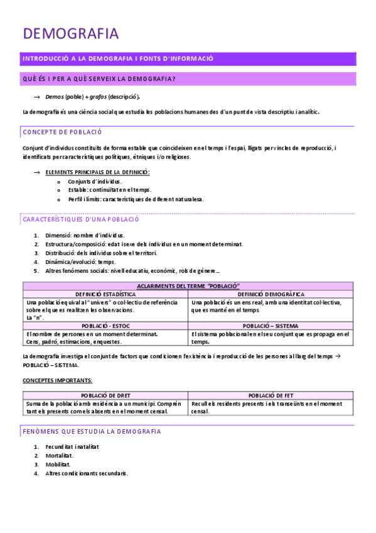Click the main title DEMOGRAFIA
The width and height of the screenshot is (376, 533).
(x=70, y=33)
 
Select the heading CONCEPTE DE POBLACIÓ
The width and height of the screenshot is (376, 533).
(x=62, y=132)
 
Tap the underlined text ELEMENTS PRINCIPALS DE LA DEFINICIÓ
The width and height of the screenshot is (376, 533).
(x=98, y=172)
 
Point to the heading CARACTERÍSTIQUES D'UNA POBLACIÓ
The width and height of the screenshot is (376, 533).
(x=81, y=219)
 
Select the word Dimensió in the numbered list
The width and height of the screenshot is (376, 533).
(x=60, y=235)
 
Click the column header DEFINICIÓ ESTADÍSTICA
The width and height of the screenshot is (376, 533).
(x=105, y=294)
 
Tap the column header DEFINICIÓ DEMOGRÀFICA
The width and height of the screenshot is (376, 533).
(x=271, y=294)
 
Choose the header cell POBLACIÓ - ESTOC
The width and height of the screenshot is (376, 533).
(x=105, y=326)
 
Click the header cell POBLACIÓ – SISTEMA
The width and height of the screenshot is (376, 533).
(x=271, y=326)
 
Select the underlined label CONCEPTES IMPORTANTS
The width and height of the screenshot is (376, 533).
(x=58, y=380)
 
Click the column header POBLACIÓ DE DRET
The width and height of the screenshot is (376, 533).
(x=105, y=395)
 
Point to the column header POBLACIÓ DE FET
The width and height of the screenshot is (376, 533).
(x=271, y=395)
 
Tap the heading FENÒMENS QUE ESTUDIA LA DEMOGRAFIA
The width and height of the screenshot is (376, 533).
(x=92, y=431)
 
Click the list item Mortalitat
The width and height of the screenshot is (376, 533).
(x=60, y=456)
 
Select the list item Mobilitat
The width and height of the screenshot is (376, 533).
(x=58, y=464)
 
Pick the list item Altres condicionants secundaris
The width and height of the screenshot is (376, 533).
(x=87, y=473)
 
